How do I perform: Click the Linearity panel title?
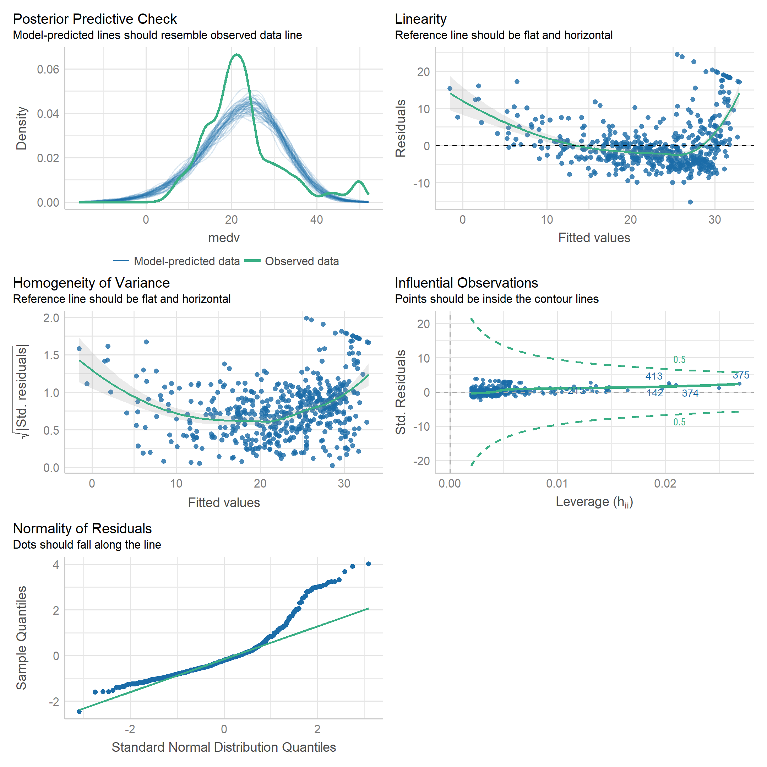point(420,19)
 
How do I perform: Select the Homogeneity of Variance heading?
point(91,283)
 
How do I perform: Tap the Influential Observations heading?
point(466,283)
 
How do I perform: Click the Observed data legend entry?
point(301,261)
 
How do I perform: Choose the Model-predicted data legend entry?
point(186,261)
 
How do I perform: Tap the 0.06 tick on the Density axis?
point(48,70)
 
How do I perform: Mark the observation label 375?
point(741,375)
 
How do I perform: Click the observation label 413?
point(653,376)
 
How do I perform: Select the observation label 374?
point(690,393)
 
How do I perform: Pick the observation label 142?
point(655,393)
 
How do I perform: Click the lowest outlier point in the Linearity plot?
point(690,202)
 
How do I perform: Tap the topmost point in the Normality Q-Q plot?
point(369,564)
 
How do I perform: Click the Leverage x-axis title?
point(594,502)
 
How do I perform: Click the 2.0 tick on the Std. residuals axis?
point(51,318)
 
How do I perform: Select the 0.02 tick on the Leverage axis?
point(665,484)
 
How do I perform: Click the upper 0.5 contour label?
point(679,360)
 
